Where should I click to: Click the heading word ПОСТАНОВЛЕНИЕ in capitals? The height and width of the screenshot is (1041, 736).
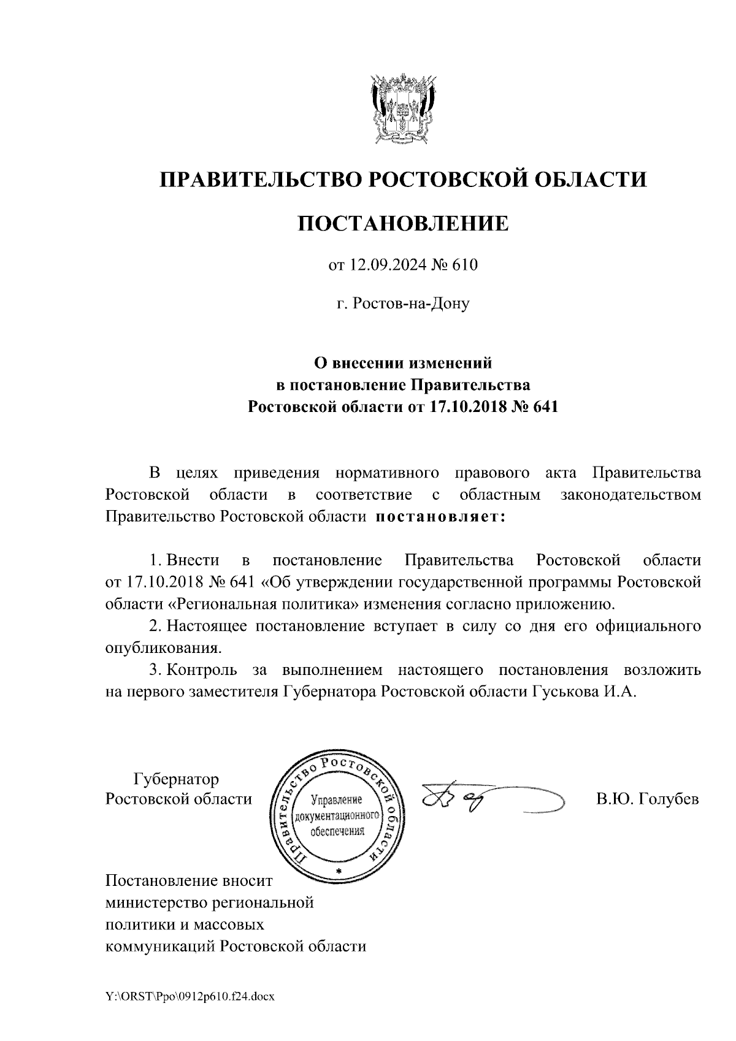(403, 223)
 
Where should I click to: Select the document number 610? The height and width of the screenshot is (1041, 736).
(464, 265)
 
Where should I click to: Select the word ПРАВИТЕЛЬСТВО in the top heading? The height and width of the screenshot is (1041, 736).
(258, 180)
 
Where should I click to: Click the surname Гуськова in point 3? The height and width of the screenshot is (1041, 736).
(562, 692)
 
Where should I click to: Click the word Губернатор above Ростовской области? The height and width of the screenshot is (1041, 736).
(176, 780)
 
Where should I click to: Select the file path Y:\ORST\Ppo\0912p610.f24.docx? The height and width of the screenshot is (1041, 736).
(190, 997)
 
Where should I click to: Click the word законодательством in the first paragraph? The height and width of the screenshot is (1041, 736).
(631, 495)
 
